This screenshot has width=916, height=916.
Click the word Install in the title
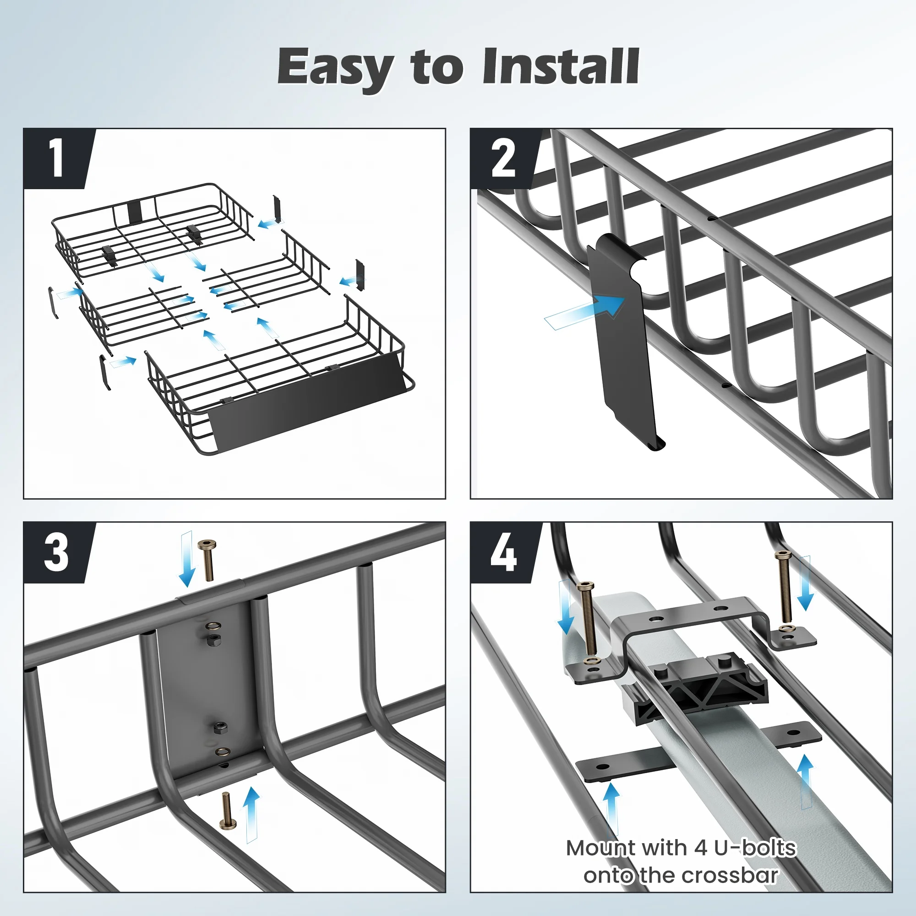tap(561, 66)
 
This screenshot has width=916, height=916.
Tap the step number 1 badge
tap(57, 159)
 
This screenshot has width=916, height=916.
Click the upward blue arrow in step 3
tap(252, 815)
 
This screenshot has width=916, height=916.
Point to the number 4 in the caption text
tap(701, 848)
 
